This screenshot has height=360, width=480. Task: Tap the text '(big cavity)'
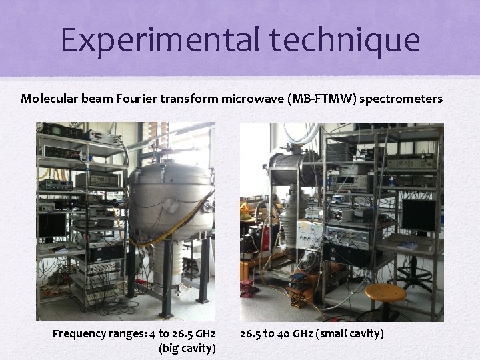click(186, 347)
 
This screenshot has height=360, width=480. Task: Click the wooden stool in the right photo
click(385, 293)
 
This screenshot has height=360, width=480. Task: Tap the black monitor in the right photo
click(419, 215)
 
